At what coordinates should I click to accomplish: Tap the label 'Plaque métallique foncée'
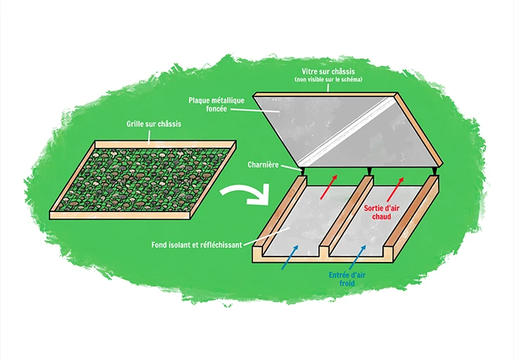[x=214, y=106]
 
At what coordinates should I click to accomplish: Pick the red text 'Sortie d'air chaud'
[x=383, y=213]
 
